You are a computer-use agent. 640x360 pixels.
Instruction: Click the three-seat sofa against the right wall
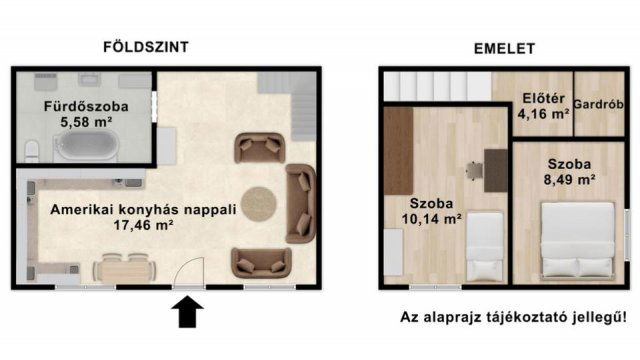point(300,204)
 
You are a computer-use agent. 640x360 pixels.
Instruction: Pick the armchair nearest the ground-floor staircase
point(259,149)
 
